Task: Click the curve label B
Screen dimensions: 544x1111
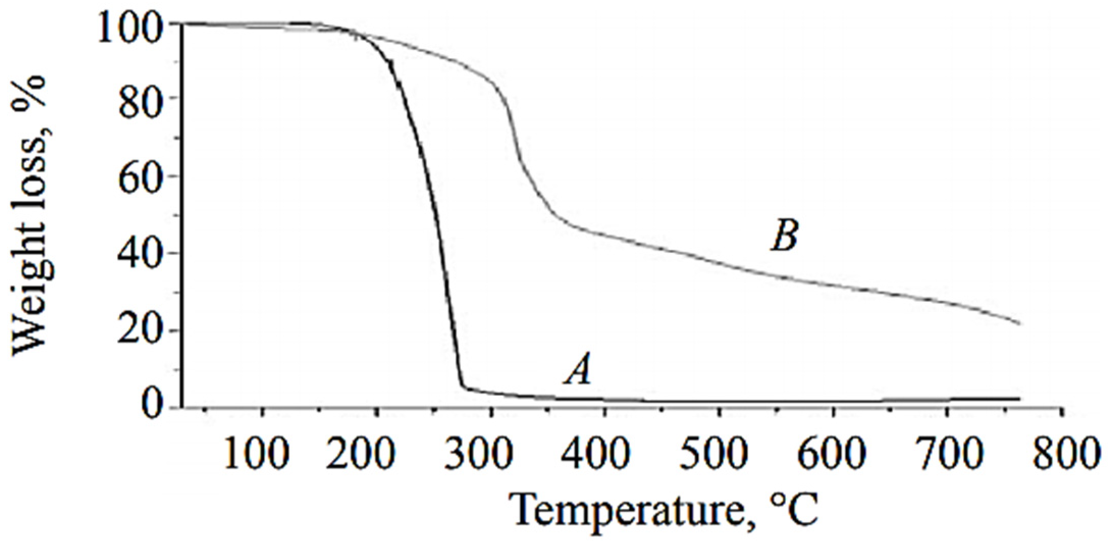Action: (784, 236)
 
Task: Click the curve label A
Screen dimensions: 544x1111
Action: (578, 369)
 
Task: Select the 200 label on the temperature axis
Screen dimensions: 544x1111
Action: (360, 453)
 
